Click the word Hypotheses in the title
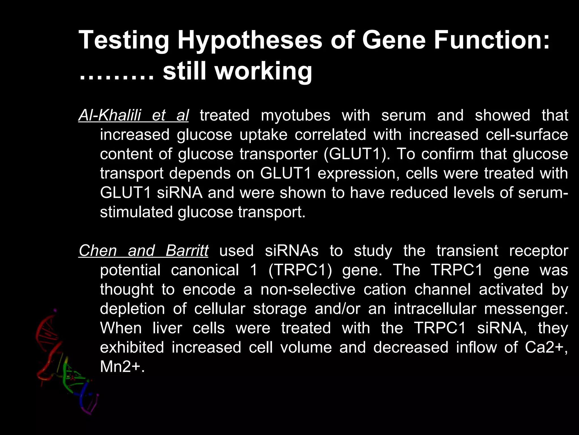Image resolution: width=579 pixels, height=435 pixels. (250, 41)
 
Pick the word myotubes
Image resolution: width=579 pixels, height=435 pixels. (295, 116)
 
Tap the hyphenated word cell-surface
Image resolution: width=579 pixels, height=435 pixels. (527, 135)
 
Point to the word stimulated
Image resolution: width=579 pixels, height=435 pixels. (136, 212)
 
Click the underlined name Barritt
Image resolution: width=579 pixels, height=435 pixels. (187, 251)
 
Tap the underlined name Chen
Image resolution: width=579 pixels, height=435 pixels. (98, 251)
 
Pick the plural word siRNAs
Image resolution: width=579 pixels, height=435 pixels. (291, 251)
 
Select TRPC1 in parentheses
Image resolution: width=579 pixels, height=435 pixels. (300, 270)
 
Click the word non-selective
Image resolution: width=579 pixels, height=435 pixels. (308, 289)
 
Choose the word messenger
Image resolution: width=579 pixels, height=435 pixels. (526, 309)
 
